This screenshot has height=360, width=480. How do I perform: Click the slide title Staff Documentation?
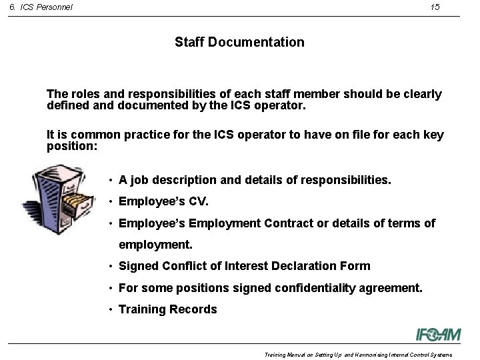click(x=239, y=43)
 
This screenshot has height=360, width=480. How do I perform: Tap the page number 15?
click(x=434, y=7)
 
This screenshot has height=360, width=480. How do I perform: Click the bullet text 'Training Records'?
click(x=167, y=309)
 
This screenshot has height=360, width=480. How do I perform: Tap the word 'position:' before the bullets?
click(x=73, y=147)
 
